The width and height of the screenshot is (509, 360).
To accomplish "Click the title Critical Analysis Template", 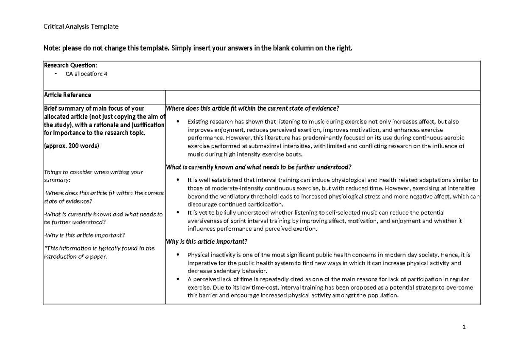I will (x=81, y=27).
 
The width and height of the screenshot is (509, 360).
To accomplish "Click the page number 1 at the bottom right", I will (x=464, y=327).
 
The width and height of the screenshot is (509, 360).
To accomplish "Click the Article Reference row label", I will (x=67, y=95).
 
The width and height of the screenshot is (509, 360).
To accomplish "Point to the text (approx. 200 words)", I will (x=71, y=145).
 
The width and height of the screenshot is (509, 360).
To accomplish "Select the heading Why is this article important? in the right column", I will (x=206, y=242).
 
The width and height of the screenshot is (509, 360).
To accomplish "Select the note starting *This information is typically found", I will (x=99, y=248).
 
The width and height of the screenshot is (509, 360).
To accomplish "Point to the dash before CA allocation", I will (x=56, y=73).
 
